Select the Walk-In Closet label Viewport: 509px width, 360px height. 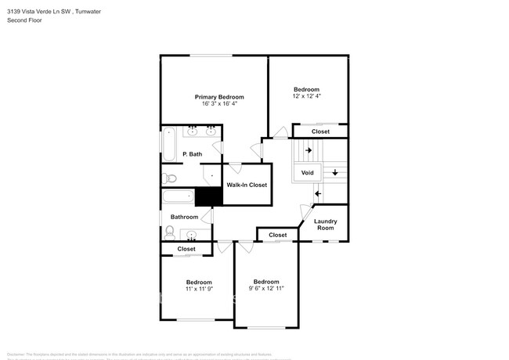(247, 185)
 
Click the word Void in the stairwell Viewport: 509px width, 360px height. (308, 172)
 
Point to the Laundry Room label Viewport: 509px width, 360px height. (325, 224)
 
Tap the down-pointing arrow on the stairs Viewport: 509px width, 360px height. (336, 172)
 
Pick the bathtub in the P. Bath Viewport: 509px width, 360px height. (168, 145)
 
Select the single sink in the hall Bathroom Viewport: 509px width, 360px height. (192, 234)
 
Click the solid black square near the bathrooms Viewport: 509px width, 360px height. (205, 197)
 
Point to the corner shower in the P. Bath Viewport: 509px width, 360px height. (211, 175)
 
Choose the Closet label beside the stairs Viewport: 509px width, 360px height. (320, 131)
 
